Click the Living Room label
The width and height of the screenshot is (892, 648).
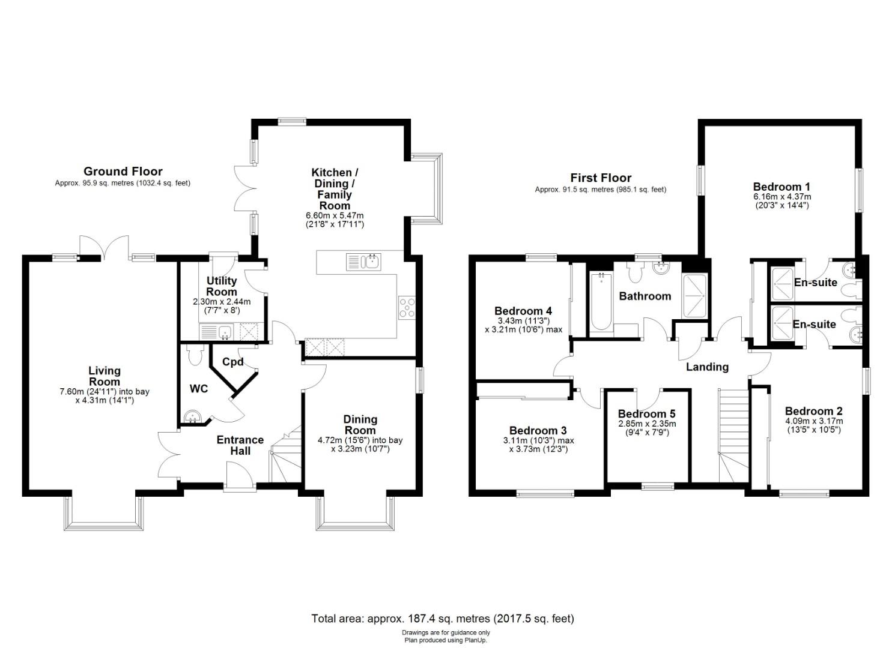[x=105, y=376]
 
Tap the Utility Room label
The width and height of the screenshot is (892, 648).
[x=222, y=286]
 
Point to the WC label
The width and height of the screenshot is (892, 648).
[x=199, y=389]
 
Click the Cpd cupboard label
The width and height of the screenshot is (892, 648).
[x=233, y=362]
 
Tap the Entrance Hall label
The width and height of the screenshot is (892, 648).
[x=240, y=445]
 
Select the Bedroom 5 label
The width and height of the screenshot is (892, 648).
[x=647, y=414]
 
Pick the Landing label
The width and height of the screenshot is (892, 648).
[x=707, y=367]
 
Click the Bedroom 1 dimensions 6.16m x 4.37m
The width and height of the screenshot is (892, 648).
[x=782, y=197]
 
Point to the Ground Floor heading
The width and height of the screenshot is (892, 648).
[x=123, y=172]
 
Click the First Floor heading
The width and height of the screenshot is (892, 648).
[x=601, y=178]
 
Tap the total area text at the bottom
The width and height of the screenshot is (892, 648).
[x=443, y=619]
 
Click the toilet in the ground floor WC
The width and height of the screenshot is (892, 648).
[x=195, y=355]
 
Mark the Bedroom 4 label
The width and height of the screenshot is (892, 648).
[x=523, y=311]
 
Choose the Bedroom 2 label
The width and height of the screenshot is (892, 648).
[x=814, y=411]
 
